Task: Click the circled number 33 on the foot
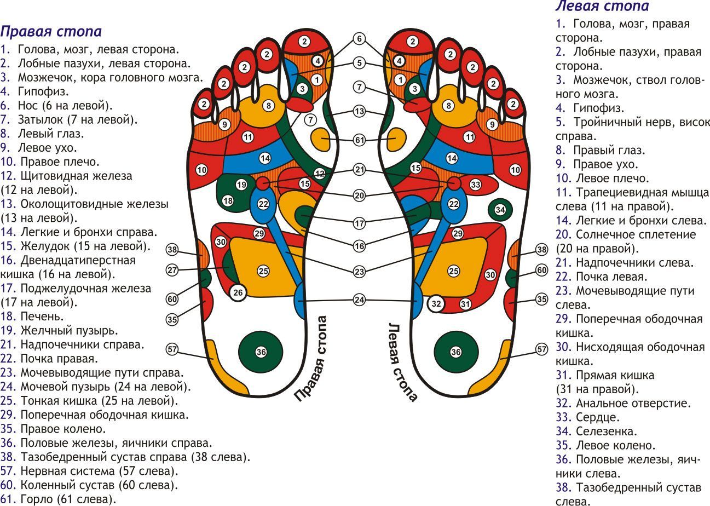[x=475, y=185]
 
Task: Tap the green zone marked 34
[x=500, y=210]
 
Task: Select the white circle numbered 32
[x=436, y=304]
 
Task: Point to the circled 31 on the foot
[x=465, y=304]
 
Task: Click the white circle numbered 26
[x=238, y=293]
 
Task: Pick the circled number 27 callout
[x=173, y=270]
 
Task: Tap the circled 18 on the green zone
[x=228, y=201]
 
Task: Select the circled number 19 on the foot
[x=241, y=184]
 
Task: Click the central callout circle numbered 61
[x=359, y=141]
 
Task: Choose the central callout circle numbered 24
[x=359, y=300]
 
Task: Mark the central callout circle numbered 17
[x=359, y=223]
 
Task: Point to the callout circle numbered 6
[x=359, y=39]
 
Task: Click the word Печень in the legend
[x=42, y=317]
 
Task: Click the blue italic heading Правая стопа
[x=51, y=31]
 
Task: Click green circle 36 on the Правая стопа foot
[x=261, y=352]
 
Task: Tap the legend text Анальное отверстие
[x=633, y=403]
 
